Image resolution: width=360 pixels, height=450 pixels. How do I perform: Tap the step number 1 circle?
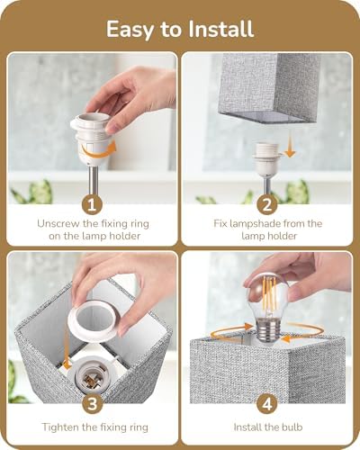94,204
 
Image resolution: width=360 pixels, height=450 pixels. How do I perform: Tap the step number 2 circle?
266,204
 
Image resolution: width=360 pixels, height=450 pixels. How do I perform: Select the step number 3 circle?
94,403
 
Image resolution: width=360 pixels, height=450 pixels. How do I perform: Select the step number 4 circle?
266,403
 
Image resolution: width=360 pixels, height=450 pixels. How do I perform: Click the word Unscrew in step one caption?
61,222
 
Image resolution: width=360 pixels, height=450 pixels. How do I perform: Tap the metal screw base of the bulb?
268,331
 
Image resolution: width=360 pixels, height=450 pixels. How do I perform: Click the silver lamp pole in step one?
93,175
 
